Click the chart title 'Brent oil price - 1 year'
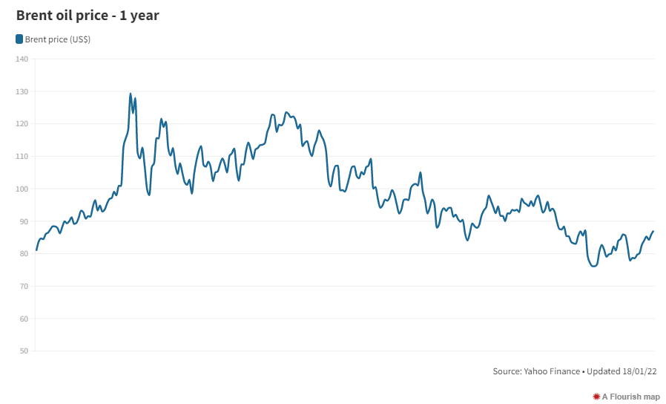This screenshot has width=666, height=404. click(x=88, y=15)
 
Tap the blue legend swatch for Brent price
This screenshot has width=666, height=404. click(x=19, y=39)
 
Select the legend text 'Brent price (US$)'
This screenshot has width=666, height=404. click(x=58, y=39)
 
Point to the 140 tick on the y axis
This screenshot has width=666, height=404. click(x=22, y=59)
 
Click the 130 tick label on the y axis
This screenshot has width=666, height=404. click(x=22, y=91)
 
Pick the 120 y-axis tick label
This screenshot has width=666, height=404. click(x=22, y=124)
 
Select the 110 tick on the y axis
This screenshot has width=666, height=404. click(x=22, y=157)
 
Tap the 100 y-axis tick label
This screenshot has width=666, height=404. click(x=22, y=189)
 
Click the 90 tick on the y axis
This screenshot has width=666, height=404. click(x=23, y=221)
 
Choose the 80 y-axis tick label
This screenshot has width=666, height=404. click(x=23, y=254)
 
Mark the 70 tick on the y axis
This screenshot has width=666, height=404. click(x=23, y=287)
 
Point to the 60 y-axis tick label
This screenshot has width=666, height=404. click(x=23, y=319)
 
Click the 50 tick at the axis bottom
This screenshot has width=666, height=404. click(x=23, y=351)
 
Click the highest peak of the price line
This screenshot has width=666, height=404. click(x=131, y=94)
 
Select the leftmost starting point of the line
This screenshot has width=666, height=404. click(x=36, y=250)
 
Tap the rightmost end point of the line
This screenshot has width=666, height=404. click(x=653, y=232)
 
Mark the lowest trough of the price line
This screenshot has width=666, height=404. click(x=593, y=266)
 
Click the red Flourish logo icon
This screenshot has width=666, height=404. click(x=596, y=397)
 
